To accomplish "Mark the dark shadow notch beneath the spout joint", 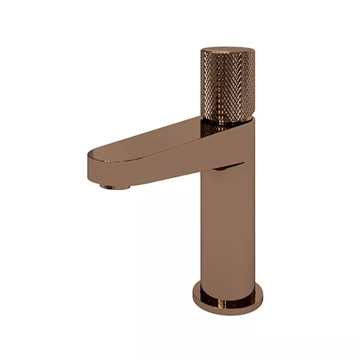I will coord(229,168).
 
